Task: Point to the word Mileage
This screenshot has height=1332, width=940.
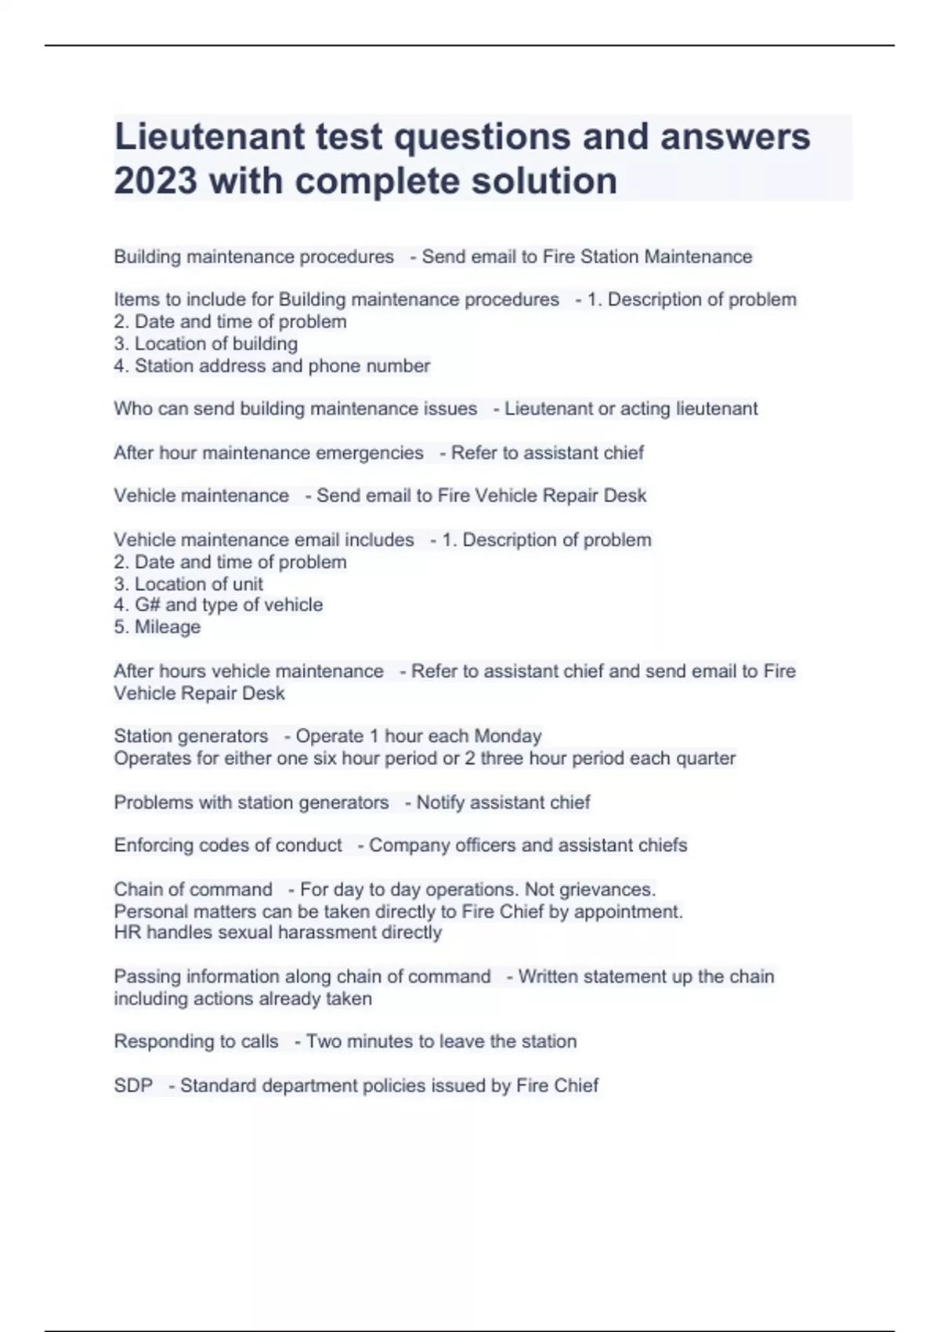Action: point(167,627)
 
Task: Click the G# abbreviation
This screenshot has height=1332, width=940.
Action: point(147,605)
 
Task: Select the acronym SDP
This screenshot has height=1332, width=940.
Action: point(133,1086)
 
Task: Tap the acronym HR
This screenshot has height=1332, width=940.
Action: point(127,932)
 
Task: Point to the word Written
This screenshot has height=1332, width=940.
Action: point(555,977)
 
